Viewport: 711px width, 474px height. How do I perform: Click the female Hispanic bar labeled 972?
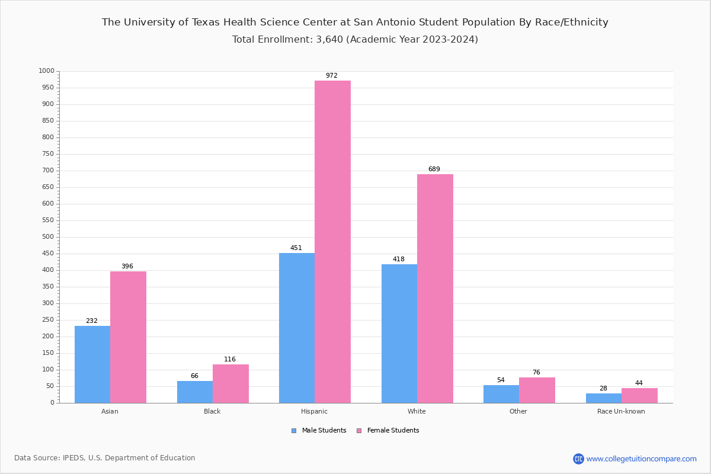click(x=332, y=242)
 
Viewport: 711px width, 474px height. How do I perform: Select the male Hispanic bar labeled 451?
click(x=297, y=328)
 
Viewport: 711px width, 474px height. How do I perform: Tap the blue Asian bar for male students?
click(x=92, y=364)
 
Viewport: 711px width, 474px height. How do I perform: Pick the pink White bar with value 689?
click(x=435, y=289)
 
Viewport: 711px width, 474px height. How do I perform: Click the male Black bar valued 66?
click(x=195, y=392)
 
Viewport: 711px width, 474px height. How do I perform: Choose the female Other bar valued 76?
click(x=537, y=390)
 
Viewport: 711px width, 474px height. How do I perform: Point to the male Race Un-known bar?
click(x=604, y=398)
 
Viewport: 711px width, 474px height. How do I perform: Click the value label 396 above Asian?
click(x=127, y=267)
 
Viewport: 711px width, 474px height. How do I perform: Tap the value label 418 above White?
click(x=399, y=260)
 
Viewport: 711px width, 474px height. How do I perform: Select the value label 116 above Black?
click(x=230, y=360)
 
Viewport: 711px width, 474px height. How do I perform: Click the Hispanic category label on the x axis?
click(x=314, y=411)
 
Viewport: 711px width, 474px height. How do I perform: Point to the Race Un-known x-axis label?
click(x=621, y=411)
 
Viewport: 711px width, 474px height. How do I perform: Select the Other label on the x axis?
click(x=518, y=411)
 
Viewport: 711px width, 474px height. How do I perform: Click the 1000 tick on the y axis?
click(x=46, y=71)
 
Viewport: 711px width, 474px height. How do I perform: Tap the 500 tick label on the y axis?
click(x=48, y=237)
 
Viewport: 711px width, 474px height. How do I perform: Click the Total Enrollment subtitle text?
click(x=355, y=40)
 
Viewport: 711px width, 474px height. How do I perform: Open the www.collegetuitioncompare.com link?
click(x=641, y=459)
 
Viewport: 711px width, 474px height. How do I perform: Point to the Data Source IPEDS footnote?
click(x=105, y=458)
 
